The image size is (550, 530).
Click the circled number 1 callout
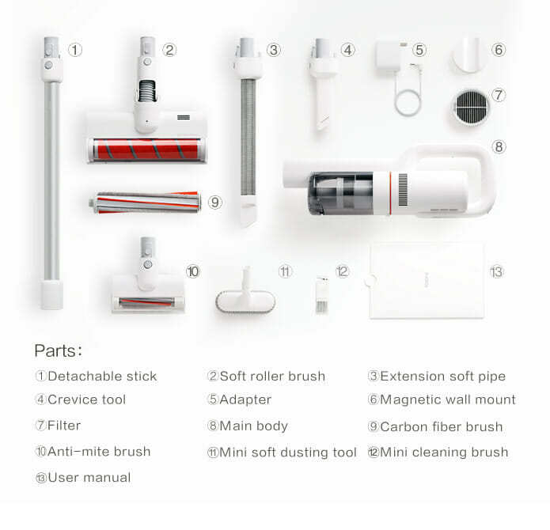click(x=74, y=50)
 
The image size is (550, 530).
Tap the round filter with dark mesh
click(x=472, y=108)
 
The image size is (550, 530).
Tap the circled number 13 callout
click(x=496, y=271)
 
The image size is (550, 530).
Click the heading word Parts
click(x=58, y=350)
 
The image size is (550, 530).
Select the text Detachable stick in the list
click(x=102, y=377)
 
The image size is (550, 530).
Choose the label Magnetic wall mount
click(x=447, y=400)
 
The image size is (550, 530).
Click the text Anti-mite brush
click(x=99, y=452)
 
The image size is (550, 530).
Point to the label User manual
click(x=89, y=477)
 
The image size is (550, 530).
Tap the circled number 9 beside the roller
click(x=216, y=203)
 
